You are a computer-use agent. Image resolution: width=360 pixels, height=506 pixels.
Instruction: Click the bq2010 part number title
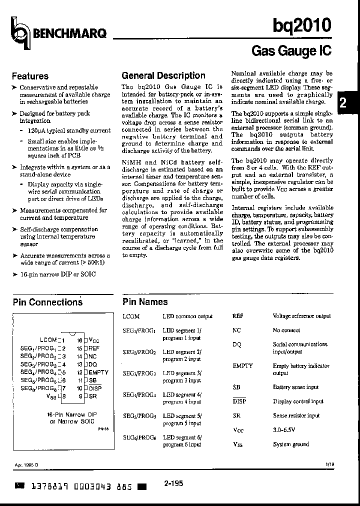(x=301, y=25)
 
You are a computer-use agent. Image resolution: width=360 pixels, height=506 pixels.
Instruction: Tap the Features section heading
(x=30, y=76)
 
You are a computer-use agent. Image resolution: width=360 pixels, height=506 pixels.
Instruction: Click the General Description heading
(x=163, y=76)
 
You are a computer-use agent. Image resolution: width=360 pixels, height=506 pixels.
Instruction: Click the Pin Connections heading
(x=47, y=302)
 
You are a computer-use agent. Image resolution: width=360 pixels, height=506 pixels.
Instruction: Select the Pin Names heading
(x=145, y=302)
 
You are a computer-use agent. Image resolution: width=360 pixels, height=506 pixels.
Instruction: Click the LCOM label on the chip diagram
(x=48, y=339)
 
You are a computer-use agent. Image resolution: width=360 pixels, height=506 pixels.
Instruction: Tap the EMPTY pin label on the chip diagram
(x=98, y=372)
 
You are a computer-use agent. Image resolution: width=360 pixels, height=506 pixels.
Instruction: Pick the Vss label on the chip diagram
(x=51, y=396)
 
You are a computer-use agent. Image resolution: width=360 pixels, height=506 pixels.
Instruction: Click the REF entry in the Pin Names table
(x=238, y=316)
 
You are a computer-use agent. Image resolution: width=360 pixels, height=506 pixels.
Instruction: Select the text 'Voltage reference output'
(x=301, y=316)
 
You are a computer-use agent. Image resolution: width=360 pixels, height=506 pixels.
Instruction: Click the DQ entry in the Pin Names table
(x=237, y=344)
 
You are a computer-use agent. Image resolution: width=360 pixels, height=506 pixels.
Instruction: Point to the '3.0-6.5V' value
(x=284, y=430)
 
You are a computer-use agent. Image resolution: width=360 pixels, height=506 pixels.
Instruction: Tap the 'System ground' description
(x=291, y=444)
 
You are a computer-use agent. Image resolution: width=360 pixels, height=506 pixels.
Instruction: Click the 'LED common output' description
(x=187, y=316)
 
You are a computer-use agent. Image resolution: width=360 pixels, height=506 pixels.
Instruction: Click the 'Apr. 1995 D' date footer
(x=26, y=464)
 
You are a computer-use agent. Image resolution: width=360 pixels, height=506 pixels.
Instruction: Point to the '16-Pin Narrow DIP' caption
(x=71, y=415)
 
